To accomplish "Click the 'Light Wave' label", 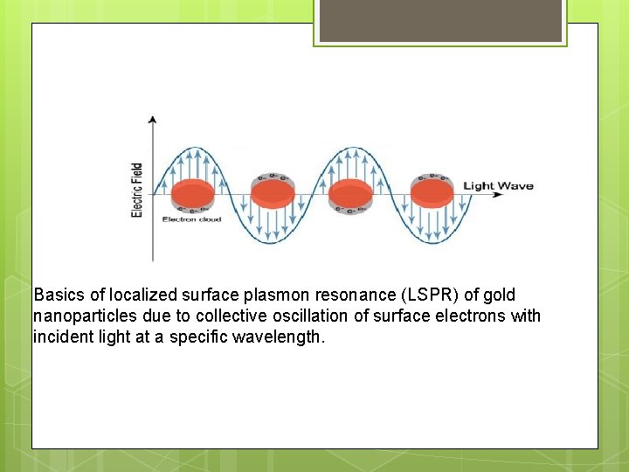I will (x=498, y=185).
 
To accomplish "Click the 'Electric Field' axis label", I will (x=137, y=191).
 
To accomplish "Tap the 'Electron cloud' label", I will (x=191, y=219).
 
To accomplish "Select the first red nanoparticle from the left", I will (x=192, y=193).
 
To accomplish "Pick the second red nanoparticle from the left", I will (x=273, y=193).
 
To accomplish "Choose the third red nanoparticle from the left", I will (x=350, y=193).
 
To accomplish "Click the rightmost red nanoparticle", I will (x=432, y=193).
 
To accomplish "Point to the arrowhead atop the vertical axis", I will (x=153, y=119).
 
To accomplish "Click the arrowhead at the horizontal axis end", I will (x=498, y=194).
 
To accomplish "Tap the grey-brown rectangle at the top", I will (x=440, y=20).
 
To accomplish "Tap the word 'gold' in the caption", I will (x=499, y=295).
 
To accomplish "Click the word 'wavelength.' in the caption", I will (x=279, y=337).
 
